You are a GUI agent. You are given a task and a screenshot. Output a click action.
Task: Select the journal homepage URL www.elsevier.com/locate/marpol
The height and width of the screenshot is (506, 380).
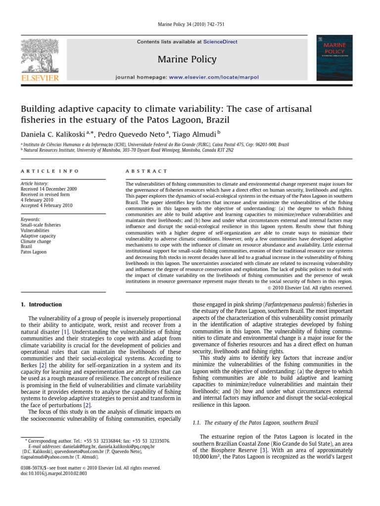click(214, 77)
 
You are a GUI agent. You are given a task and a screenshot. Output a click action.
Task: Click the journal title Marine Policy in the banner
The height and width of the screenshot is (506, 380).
click(187, 59)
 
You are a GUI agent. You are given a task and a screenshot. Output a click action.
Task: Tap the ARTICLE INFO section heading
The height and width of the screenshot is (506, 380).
click(49, 171)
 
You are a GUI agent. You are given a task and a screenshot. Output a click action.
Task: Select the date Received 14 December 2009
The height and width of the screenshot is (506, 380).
click(48, 189)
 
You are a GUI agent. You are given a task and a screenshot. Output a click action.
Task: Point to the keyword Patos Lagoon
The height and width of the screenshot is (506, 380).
click(34, 252)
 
